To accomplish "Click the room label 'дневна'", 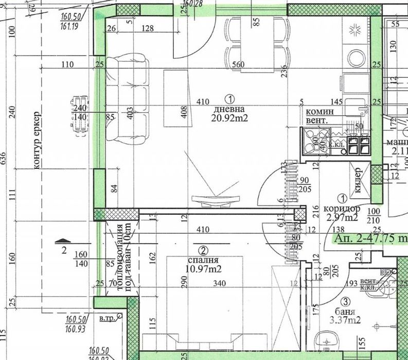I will coord(229,109).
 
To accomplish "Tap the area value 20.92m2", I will coord(229,118).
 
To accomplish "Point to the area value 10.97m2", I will coord(204,269).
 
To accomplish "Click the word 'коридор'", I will coord(342,209).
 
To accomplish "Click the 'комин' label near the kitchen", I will coord(320,112).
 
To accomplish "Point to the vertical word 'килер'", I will coord(358,180).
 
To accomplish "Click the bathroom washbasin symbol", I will coord(326,340).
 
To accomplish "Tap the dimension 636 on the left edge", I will coord(4,160).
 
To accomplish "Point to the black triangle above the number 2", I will coord(62,240).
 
